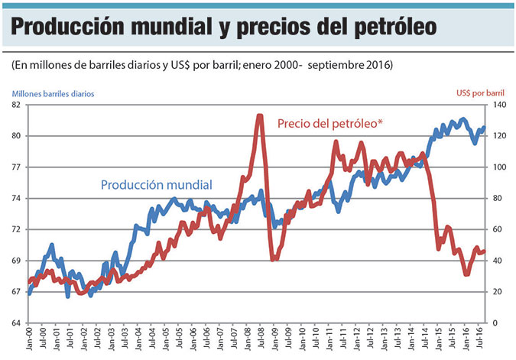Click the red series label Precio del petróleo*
click(x=329, y=122)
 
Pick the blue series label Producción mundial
click(x=157, y=184)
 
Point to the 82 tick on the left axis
click(x=17, y=105)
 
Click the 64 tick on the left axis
click(x=17, y=323)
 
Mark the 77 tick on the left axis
click(x=17, y=167)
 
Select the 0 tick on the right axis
click(x=495, y=323)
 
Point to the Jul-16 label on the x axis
click(x=479, y=340)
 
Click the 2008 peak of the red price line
click(x=259, y=116)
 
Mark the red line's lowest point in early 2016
click(x=466, y=273)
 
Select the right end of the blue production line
click(x=484, y=128)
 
